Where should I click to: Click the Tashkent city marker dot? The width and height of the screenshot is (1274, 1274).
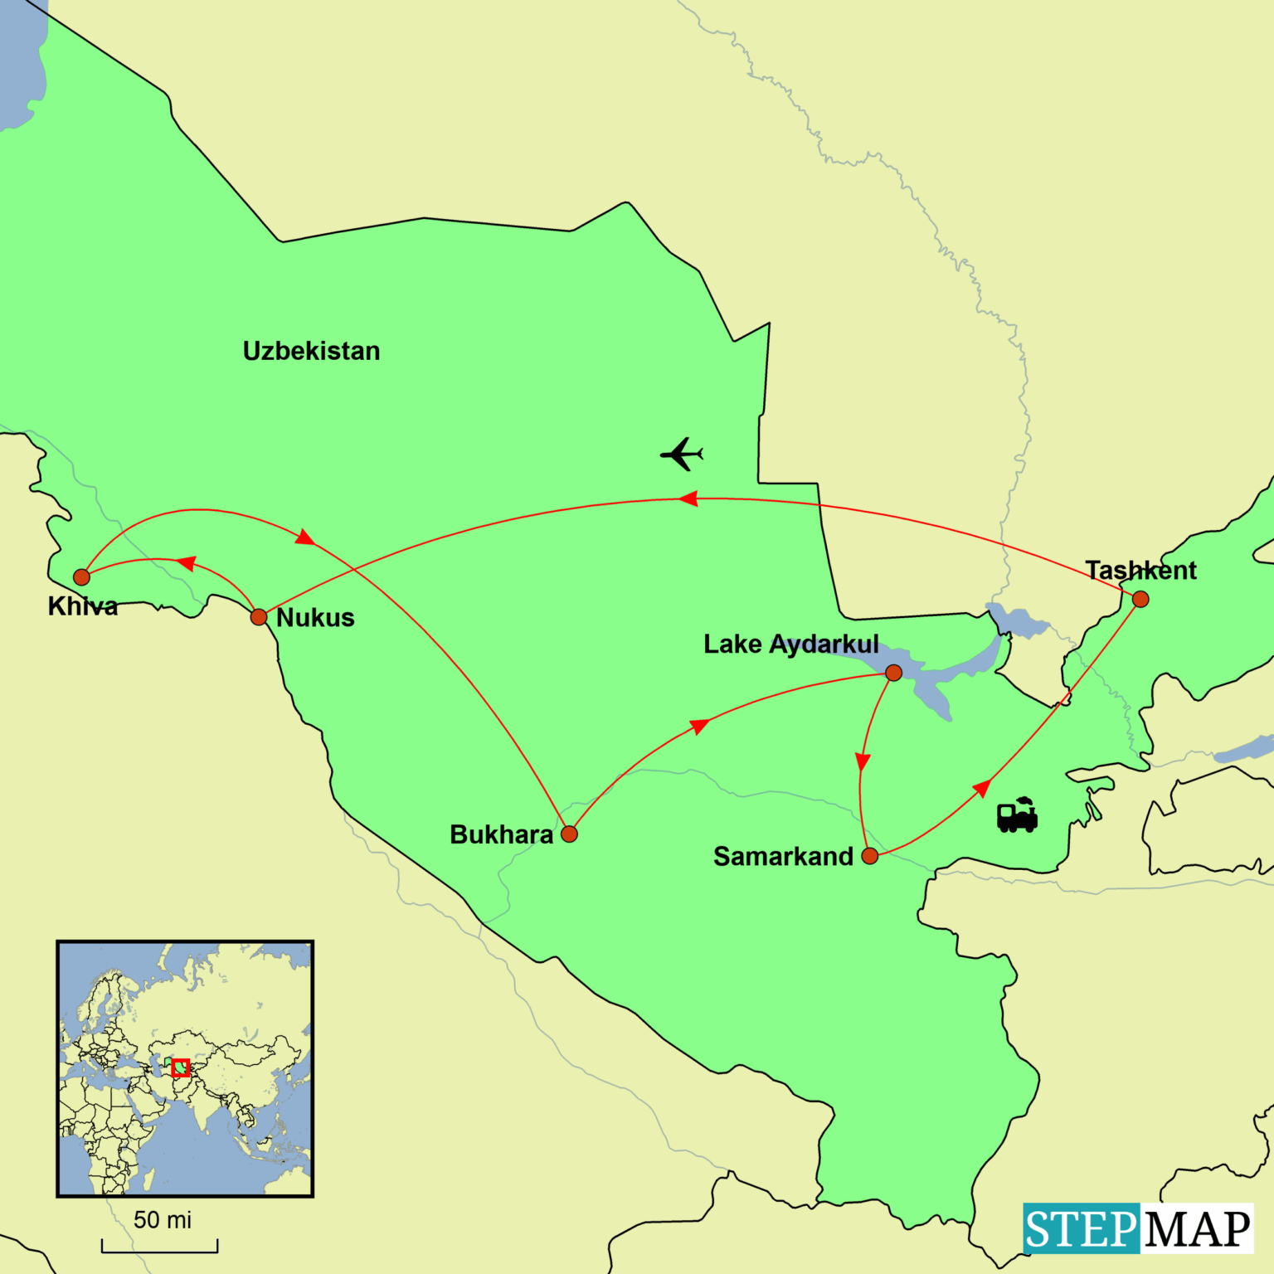point(1140,599)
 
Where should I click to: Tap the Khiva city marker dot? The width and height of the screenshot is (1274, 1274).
point(81,577)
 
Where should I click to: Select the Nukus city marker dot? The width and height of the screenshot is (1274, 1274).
point(259,617)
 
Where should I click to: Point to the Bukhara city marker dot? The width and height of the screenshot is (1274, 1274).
point(569,834)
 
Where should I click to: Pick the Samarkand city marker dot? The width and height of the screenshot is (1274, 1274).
point(870,856)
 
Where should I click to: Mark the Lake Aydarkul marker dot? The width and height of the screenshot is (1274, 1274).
point(893,673)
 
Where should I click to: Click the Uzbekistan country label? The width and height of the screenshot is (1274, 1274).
point(311,351)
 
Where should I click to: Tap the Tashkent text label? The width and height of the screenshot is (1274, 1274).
point(1140,571)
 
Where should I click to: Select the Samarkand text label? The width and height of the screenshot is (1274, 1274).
point(783,856)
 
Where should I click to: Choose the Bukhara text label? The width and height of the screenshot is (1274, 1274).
point(501,834)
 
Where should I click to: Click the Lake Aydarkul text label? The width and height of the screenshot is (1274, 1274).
point(790,644)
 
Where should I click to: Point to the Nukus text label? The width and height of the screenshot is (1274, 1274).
point(315,618)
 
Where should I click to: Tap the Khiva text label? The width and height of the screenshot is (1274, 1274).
point(83,606)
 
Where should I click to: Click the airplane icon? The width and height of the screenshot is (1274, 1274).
point(682,454)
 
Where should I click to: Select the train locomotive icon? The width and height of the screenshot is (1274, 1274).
point(1017,814)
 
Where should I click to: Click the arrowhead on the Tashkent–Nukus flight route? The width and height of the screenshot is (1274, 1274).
point(688,498)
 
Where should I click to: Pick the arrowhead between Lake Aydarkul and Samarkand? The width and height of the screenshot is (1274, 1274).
point(863,761)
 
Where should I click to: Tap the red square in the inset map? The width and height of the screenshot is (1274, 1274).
point(181,1067)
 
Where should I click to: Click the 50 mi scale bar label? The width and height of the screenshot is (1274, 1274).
point(163,1220)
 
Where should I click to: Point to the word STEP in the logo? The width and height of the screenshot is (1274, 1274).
point(1081,1228)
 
